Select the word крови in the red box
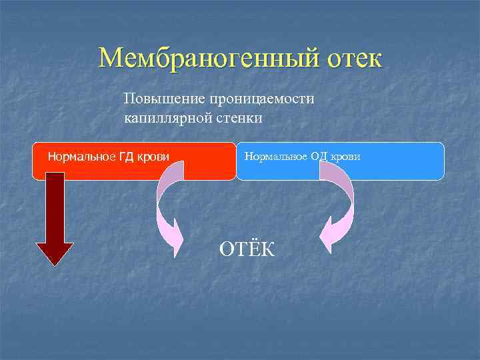[154, 157]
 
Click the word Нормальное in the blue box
[275, 157]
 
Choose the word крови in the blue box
[346, 157]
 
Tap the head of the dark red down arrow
[55, 253]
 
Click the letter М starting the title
[111, 59]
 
